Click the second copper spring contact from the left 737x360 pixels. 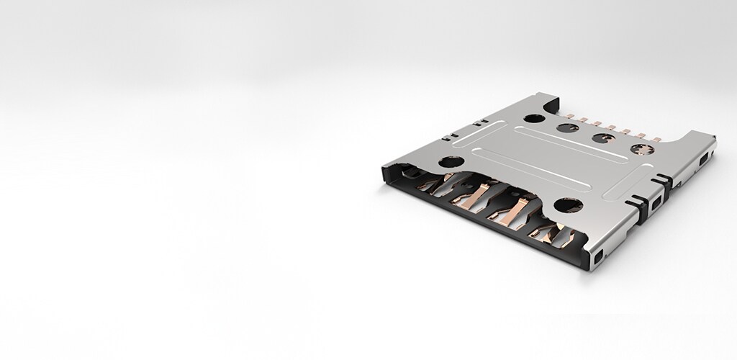pos(464,196)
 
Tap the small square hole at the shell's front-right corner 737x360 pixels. pos(600,255)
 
